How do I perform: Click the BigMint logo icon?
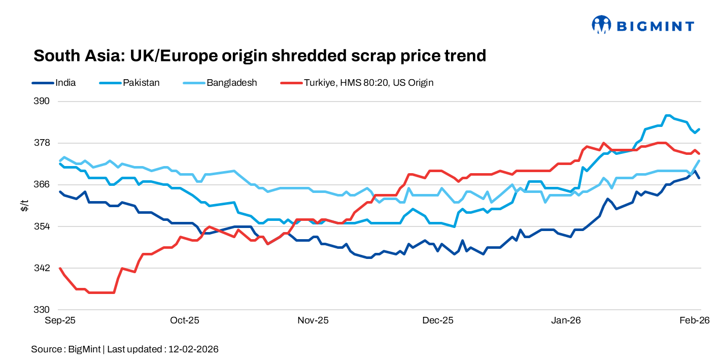click(x=601, y=24)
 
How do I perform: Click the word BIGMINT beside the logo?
click(x=655, y=25)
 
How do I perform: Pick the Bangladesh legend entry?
click(x=231, y=82)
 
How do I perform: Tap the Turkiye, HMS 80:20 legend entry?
click(x=368, y=82)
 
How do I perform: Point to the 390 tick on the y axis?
click(x=43, y=101)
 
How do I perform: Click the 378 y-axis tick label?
click(x=43, y=143)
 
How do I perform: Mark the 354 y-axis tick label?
click(x=43, y=226)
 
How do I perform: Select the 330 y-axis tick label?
click(x=43, y=309)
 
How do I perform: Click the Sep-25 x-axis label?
click(x=60, y=320)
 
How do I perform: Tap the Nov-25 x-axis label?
click(x=313, y=320)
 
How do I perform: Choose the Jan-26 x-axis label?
click(x=566, y=320)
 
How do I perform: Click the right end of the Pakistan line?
click(x=699, y=129)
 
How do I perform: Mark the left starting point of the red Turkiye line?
click(x=60, y=268)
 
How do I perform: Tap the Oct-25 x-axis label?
click(x=185, y=320)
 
